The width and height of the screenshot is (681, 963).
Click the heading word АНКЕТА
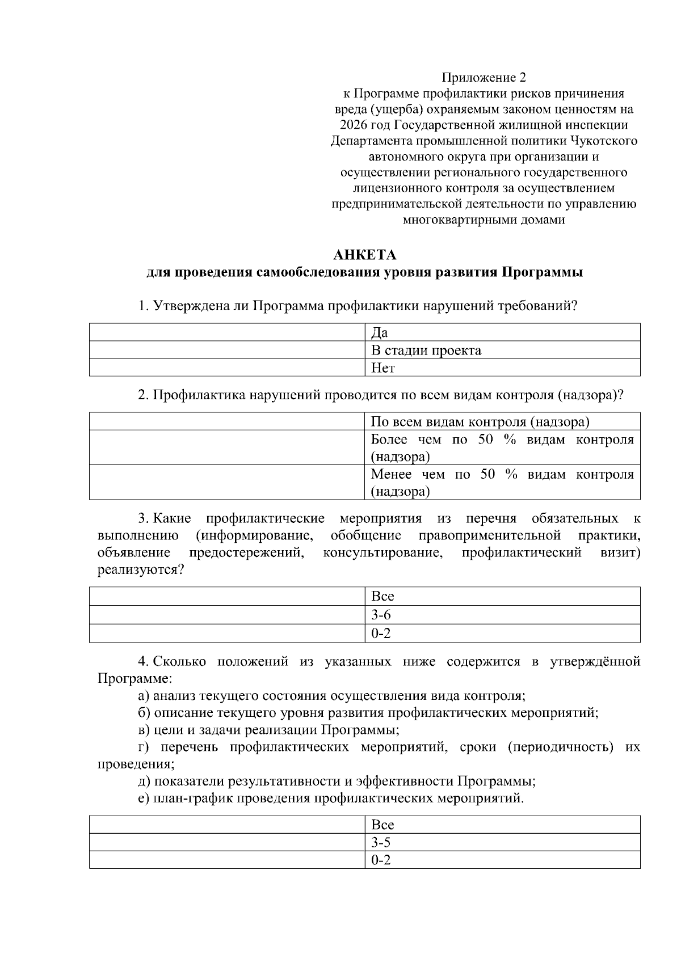pos(365,254)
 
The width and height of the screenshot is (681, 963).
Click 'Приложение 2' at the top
pos(484,77)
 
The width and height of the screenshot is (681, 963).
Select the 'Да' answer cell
pos(502,332)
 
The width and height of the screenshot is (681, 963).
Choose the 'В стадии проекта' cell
pos(502,350)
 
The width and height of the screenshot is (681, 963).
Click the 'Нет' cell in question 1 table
pos(502,368)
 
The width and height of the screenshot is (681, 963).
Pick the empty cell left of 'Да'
pos(227,332)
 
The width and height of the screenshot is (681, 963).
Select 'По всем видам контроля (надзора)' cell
pos(502,421)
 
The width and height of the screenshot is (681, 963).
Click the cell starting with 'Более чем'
pos(502,448)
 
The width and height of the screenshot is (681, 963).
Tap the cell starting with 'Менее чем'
pos(502,483)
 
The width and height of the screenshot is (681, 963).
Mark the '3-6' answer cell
pos(502,614)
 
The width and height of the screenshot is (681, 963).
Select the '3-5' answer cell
pos(502,842)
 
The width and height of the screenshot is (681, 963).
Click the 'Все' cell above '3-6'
pos(502,596)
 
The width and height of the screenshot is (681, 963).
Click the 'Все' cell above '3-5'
pos(502,824)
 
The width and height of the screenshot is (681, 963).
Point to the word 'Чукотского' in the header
pos(605,141)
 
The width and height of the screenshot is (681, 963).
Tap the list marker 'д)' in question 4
pos(144,782)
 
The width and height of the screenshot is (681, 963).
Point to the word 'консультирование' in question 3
pos(382,552)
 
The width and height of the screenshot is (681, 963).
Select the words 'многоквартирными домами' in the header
pos(484,220)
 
